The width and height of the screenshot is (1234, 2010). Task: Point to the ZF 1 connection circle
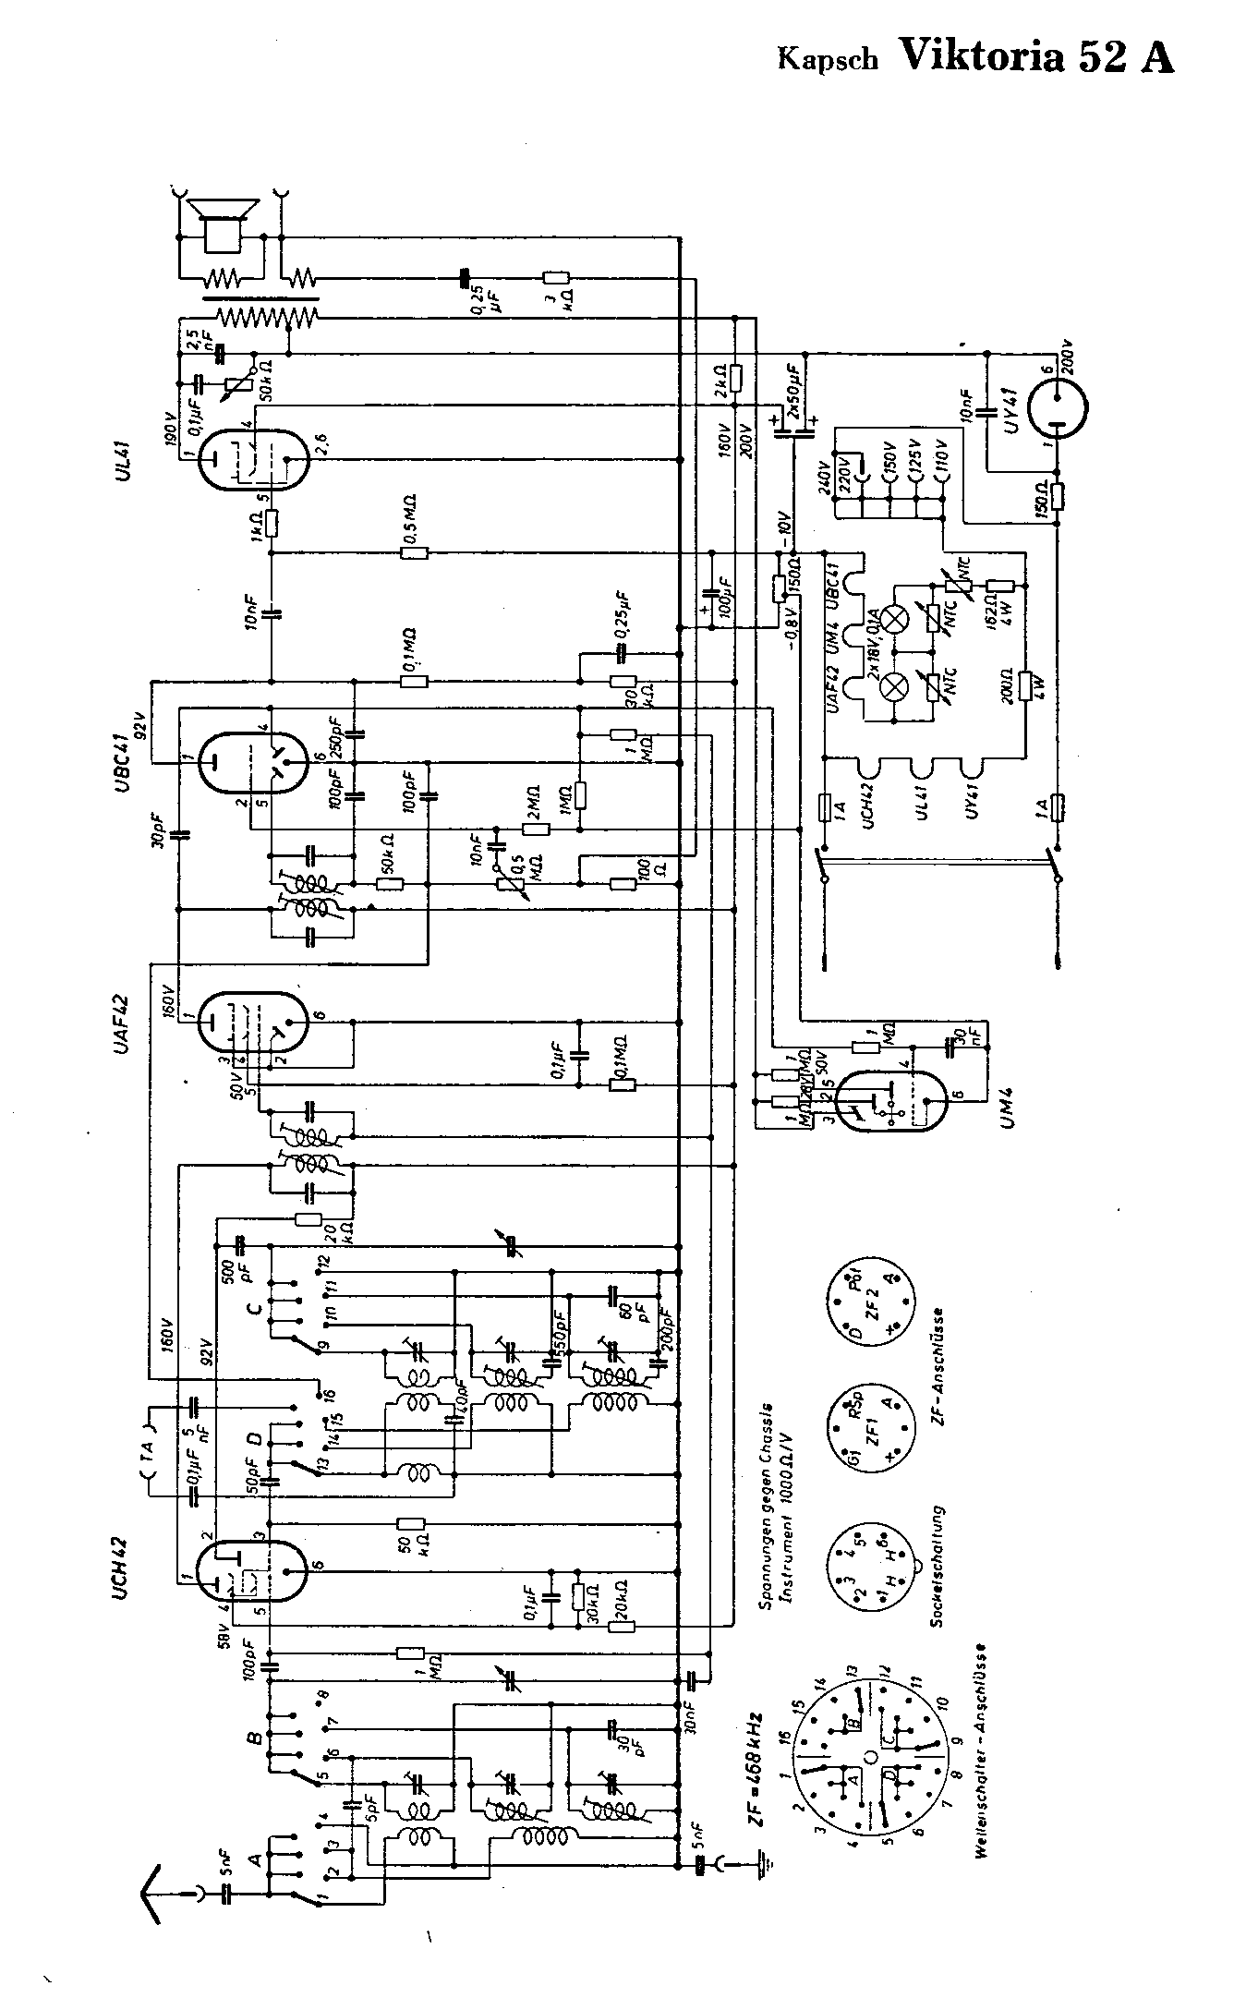coord(874,1430)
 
